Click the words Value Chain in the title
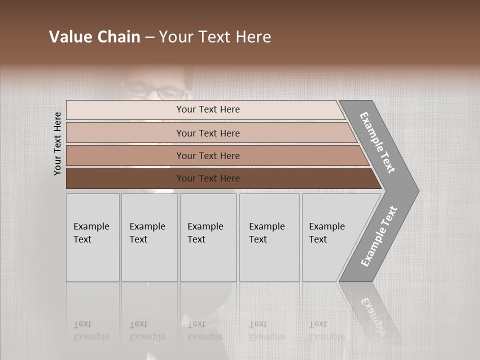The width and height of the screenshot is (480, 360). pyautogui.click(x=94, y=37)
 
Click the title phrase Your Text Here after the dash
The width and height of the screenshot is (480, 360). pyautogui.click(x=215, y=37)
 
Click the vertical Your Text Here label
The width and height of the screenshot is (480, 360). pyautogui.click(x=57, y=143)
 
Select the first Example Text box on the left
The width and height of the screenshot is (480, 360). pyautogui.click(x=92, y=237)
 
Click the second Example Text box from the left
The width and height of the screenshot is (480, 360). pyautogui.click(x=149, y=237)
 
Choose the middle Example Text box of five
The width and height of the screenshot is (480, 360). pyautogui.click(x=208, y=237)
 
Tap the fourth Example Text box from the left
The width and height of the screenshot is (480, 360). pyautogui.click(x=269, y=237)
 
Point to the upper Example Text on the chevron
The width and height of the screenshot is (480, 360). pyautogui.click(x=377, y=142)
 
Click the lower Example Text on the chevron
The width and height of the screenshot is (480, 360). pyautogui.click(x=379, y=236)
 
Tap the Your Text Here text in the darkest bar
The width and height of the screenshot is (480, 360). pyautogui.click(x=208, y=178)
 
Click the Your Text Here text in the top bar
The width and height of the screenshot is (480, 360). pyautogui.click(x=208, y=109)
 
